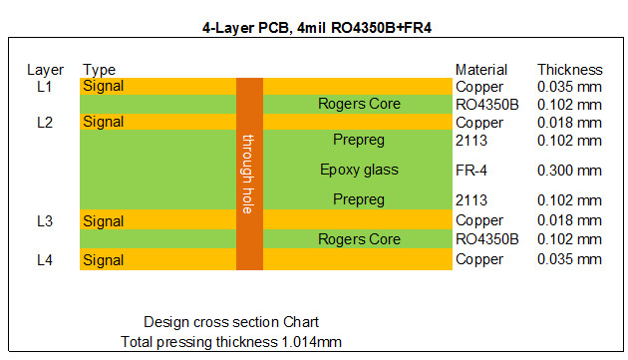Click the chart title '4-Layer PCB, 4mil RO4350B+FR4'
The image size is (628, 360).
(x=314, y=29)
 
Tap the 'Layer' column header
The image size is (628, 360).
(x=46, y=70)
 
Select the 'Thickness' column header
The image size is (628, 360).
(x=570, y=70)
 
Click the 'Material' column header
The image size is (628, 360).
(x=481, y=70)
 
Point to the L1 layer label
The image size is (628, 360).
(x=45, y=87)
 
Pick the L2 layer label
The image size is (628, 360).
(x=45, y=122)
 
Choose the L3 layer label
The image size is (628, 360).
(x=45, y=221)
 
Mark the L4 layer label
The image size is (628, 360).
(x=45, y=259)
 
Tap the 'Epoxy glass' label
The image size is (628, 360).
(x=359, y=171)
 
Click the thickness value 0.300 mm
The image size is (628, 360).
(x=569, y=171)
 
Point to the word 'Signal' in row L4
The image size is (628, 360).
(x=104, y=259)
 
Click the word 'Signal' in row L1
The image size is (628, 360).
(x=104, y=87)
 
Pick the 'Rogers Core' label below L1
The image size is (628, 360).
(x=359, y=104)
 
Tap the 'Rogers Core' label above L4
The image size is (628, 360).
(x=359, y=239)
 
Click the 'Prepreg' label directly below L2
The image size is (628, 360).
(x=359, y=140)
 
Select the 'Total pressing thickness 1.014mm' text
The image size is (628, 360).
(x=231, y=342)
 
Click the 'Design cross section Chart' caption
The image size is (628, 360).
(x=231, y=322)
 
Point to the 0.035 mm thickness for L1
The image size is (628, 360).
(x=569, y=87)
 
